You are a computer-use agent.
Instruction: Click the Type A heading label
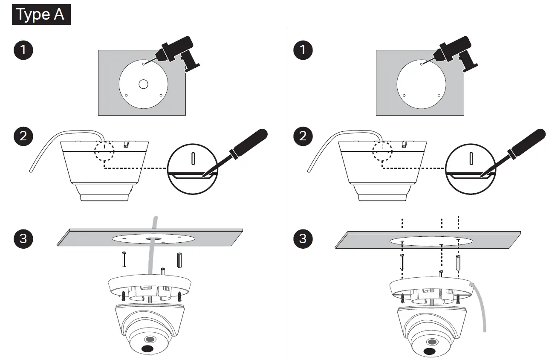pos(41,15)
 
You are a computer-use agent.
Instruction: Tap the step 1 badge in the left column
pos(23,50)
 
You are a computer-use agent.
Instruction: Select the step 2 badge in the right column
pos(303,136)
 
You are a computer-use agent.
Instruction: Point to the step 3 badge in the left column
pos(23,238)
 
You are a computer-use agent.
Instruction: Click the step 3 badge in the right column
pos(303,238)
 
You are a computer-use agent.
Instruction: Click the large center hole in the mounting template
pos(143,84)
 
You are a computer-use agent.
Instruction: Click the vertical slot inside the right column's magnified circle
pos(471,158)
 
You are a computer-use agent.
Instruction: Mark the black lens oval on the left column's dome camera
pos(147,348)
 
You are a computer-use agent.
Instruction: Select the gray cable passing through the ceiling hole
pos(151,252)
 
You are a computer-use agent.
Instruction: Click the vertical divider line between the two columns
pos(287,192)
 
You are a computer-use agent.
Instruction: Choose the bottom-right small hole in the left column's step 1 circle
pos(161,96)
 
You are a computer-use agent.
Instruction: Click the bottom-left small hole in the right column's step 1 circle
pos(404,96)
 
